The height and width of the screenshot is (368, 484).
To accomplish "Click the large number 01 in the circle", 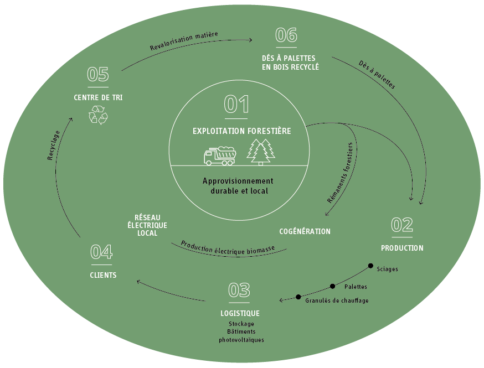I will point(236,105).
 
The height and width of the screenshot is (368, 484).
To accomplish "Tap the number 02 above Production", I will point(402,225).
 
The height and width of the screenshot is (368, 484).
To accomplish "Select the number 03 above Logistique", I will point(239,290).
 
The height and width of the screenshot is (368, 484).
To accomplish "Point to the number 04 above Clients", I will point(102,252).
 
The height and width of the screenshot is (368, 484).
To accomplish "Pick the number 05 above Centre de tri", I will point(98,75).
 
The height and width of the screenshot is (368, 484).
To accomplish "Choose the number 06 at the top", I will point(287,35).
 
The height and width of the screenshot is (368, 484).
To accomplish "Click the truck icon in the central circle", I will point(220,156).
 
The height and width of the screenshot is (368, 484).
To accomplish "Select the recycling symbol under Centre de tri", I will point(98,115).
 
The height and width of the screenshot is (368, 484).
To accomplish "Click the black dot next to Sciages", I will point(370,266).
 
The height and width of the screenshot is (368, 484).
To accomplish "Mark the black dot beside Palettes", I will point(332,286).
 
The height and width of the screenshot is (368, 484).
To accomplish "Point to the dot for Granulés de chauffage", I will point(298,297).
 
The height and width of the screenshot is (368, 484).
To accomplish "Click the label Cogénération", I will point(305,231).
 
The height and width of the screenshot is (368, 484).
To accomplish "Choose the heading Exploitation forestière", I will point(241,131).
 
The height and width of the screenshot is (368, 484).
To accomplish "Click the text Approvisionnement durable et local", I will point(238,186).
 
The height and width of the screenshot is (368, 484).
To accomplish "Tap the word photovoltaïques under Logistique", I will point(241,339).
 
